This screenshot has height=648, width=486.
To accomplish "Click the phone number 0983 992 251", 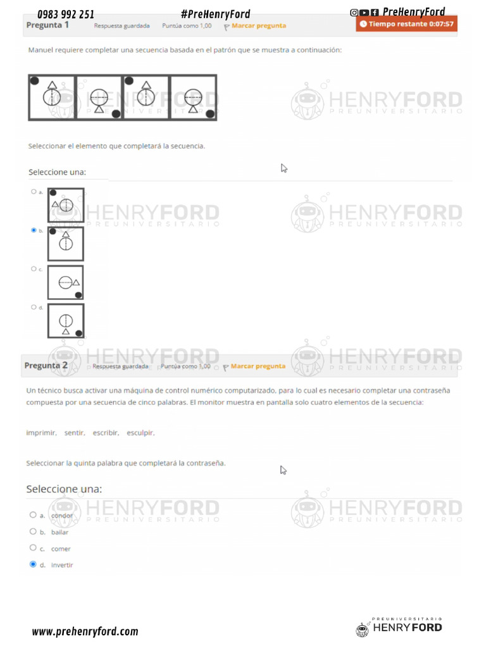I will [x=66, y=14].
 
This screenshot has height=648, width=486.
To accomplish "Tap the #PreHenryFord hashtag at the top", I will [x=215, y=14].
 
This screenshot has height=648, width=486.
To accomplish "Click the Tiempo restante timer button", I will [x=406, y=24].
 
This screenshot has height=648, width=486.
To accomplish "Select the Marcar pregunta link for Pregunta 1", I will [x=258, y=26].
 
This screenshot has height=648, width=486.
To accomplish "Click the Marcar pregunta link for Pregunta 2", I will [x=258, y=366].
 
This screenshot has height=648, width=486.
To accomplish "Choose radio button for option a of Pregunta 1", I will [x=33, y=191].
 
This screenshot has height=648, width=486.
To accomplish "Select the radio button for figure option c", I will [x=34, y=269].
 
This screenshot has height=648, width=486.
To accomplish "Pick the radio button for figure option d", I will [x=34, y=307].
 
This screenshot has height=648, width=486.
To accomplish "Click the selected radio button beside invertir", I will [x=33, y=564].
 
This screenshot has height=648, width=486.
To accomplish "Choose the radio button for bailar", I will [x=33, y=532].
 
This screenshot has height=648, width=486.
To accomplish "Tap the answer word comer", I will [x=61, y=549].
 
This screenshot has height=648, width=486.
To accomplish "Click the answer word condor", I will [x=62, y=516].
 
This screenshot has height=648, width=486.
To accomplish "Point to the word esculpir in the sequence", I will [x=140, y=433].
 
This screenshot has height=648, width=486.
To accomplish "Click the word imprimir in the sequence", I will [x=41, y=433].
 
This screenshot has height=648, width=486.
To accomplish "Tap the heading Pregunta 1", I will [x=47, y=25].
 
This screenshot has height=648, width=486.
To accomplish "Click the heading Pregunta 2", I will [x=46, y=366].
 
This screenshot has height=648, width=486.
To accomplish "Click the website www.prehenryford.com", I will [x=85, y=631].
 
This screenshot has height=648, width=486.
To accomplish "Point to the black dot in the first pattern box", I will [x=34, y=80].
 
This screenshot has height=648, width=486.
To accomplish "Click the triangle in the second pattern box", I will [x=99, y=109].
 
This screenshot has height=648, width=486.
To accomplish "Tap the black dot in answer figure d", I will [x=78, y=333].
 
